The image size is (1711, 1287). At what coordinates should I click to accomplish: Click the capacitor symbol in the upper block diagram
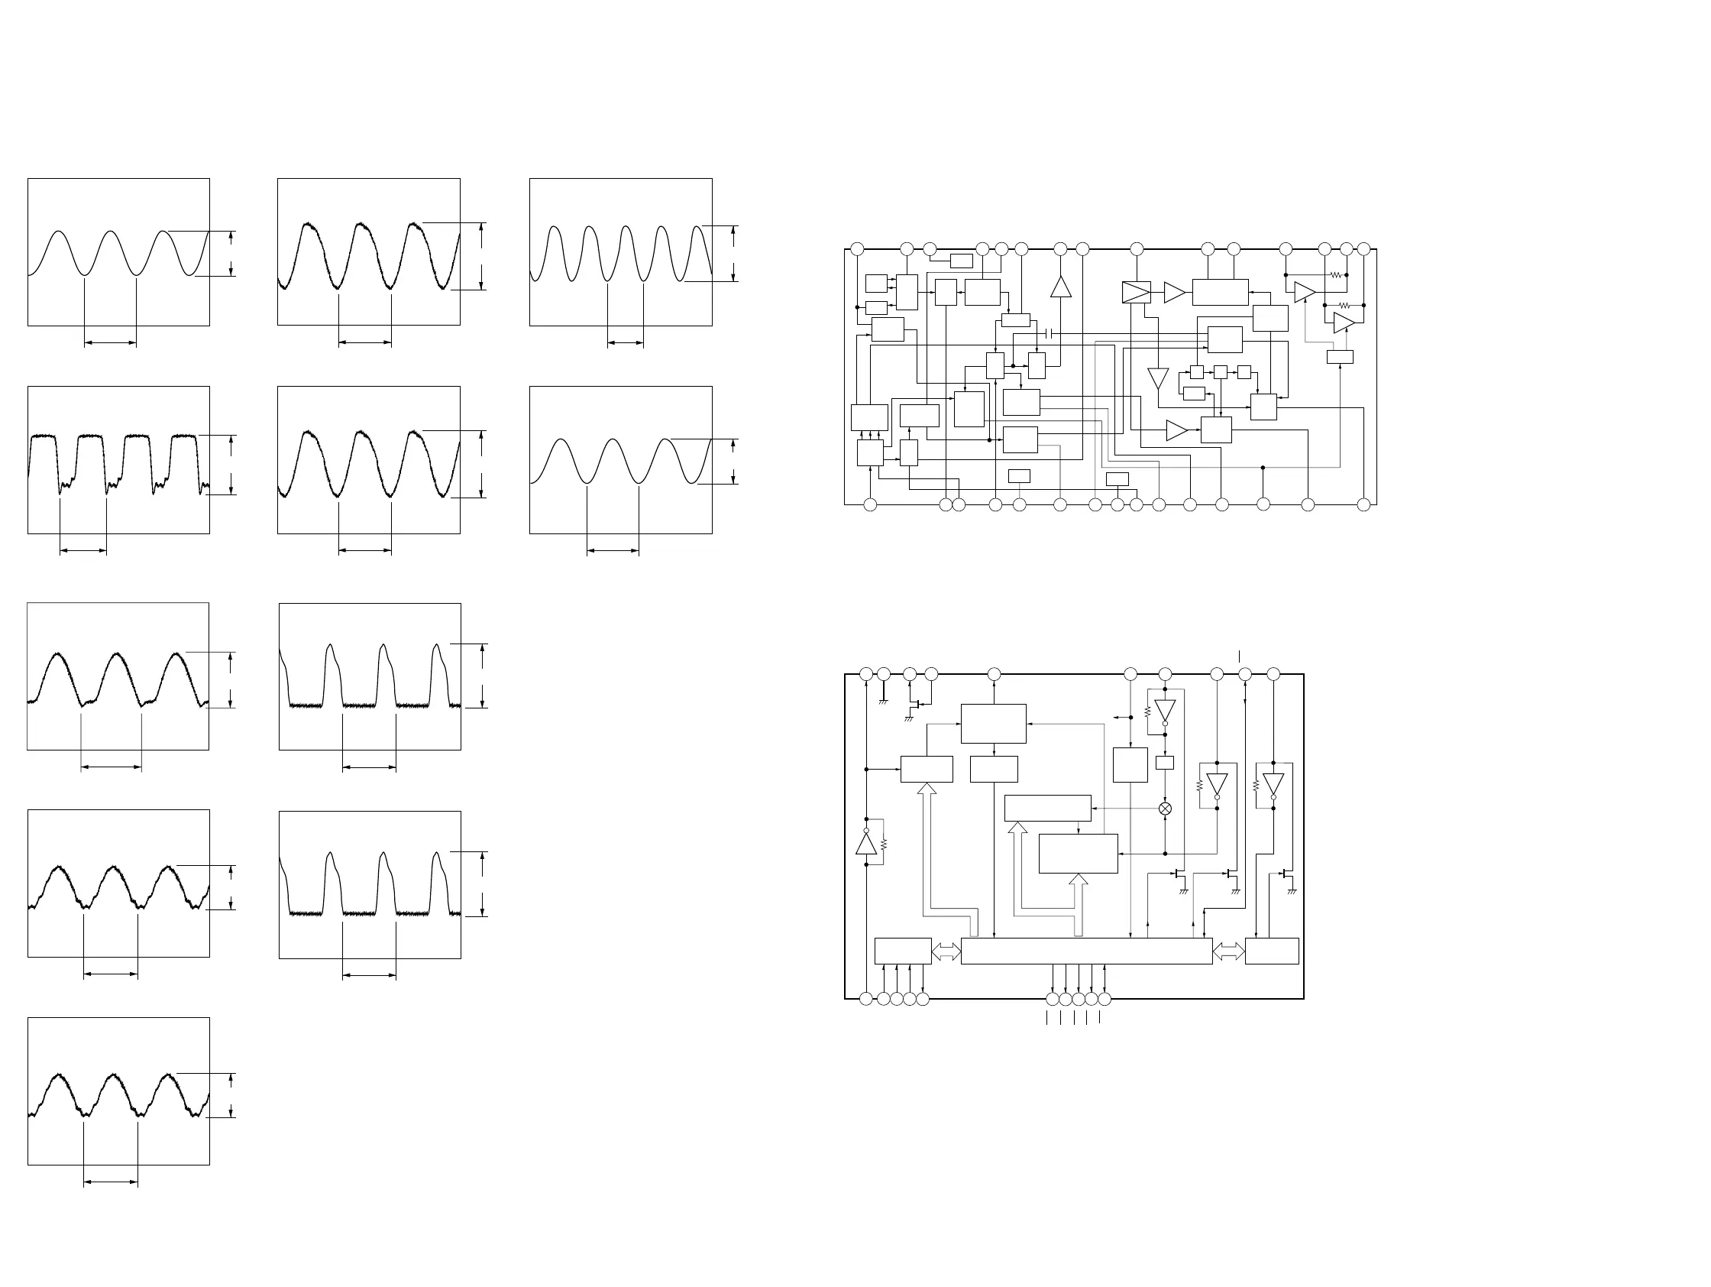click(x=1049, y=333)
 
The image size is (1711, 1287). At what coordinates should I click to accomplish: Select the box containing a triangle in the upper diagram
click(x=1137, y=292)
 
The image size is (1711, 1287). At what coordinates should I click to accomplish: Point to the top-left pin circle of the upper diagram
click(x=856, y=249)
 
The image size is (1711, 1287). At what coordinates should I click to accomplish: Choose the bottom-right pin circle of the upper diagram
click(x=1363, y=504)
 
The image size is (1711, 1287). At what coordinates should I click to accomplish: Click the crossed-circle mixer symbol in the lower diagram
click(x=1165, y=809)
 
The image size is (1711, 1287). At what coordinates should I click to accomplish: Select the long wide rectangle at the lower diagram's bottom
click(x=1086, y=951)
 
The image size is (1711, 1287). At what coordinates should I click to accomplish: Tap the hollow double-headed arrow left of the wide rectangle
click(x=946, y=951)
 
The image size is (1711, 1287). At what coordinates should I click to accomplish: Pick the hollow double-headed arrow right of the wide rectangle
click(x=1228, y=951)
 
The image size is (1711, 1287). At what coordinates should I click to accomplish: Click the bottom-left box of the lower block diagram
click(x=903, y=951)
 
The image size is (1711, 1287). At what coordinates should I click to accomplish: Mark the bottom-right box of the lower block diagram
click(x=1272, y=951)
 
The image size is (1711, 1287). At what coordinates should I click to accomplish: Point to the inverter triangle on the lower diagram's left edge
click(x=866, y=844)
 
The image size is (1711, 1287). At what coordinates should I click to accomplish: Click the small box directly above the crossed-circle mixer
click(x=1164, y=763)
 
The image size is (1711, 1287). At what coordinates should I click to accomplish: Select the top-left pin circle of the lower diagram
click(x=866, y=674)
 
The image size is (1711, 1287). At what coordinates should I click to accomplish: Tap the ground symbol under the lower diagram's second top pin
click(x=883, y=701)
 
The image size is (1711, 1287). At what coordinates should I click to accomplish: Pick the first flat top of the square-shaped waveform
click(x=44, y=437)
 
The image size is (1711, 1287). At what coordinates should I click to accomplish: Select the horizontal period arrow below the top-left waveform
click(x=110, y=342)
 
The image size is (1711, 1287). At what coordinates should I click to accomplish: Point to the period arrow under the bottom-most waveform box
click(x=111, y=1182)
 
